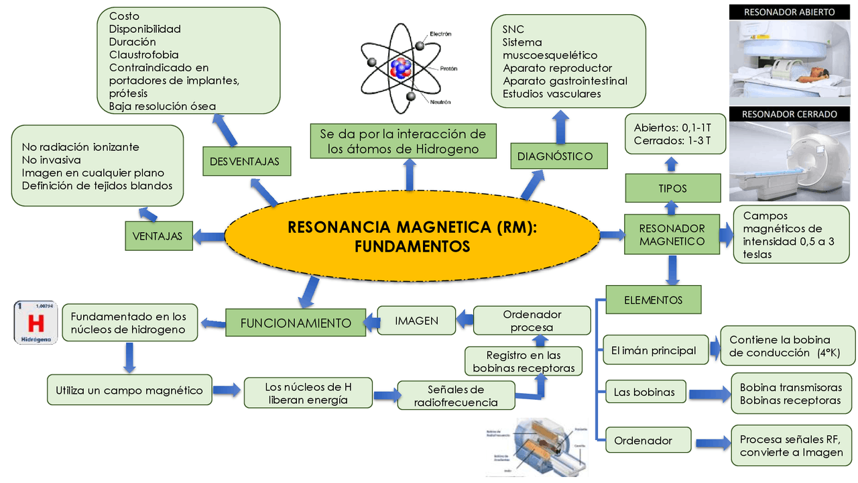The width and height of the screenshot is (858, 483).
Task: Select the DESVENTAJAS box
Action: (244, 162)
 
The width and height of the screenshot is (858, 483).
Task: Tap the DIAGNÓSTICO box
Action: (555, 156)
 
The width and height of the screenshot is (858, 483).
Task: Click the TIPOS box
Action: (672, 189)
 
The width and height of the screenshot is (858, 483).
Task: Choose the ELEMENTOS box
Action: (653, 300)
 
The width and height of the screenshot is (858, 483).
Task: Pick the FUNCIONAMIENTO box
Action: (296, 323)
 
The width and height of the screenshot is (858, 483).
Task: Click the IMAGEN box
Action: (416, 321)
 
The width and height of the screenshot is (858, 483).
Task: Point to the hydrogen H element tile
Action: (36, 323)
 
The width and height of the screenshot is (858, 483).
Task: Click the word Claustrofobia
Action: (143, 55)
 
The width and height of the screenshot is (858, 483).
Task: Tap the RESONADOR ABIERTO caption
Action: (789, 12)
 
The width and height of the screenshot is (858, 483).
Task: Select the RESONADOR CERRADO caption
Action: (789, 114)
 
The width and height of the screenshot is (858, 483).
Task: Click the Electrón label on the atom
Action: (440, 34)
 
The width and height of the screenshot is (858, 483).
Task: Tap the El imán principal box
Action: (654, 350)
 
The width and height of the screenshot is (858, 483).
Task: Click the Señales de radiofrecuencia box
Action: (456, 396)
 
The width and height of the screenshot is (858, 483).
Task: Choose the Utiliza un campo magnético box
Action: (129, 390)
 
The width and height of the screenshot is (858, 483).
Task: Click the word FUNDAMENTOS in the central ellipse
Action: (412, 247)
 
